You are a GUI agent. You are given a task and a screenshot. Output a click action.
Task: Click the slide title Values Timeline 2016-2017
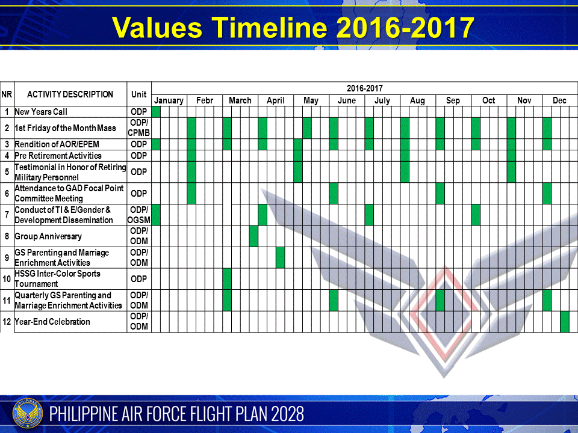click(x=293, y=26)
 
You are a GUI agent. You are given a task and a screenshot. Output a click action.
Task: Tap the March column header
click(x=240, y=100)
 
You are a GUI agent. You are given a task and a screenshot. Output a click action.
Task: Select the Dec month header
click(x=559, y=100)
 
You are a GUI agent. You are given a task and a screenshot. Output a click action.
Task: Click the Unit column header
click(x=139, y=94)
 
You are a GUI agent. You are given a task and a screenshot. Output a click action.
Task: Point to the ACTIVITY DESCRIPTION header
click(x=70, y=94)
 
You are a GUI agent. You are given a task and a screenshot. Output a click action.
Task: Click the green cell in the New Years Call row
click(x=156, y=112)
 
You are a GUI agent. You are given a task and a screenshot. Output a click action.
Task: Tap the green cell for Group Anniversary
click(x=253, y=236)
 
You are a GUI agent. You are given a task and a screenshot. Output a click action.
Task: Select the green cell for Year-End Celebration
click(x=564, y=322)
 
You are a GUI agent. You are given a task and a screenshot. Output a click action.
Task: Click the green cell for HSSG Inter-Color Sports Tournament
click(x=227, y=279)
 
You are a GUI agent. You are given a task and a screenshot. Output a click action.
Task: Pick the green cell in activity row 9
click(x=281, y=257)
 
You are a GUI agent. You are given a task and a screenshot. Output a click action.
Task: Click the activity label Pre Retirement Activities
click(x=58, y=156)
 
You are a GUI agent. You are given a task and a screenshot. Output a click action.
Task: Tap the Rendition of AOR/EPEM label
click(x=57, y=144)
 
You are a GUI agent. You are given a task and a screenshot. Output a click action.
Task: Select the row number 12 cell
click(x=7, y=322)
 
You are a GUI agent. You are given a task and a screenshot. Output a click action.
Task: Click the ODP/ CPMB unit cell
click(x=139, y=128)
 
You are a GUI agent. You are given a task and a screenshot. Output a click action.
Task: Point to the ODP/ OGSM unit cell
click(x=139, y=215)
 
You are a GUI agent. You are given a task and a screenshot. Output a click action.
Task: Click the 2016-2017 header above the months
click(x=364, y=88)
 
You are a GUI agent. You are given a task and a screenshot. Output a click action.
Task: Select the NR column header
click(x=7, y=94)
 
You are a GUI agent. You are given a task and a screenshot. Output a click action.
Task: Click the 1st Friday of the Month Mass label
click(x=65, y=128)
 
